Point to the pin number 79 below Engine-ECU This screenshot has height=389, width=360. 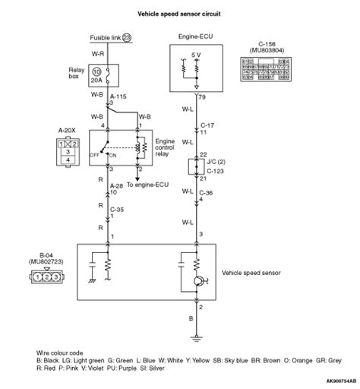pyautogui.click(x=203, y=96)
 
